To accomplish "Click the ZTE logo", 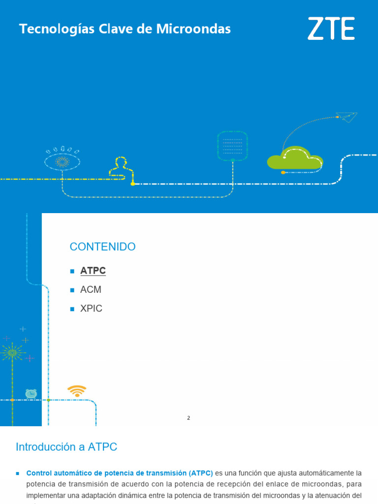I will pyautogui.click(x=331, y=29).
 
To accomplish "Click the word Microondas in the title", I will pyautogui.click(x=193, y=30).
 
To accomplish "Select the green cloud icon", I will pyautogui.click(x=295, y=158).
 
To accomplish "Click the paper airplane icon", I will pyautogui.click(x=349, y=117).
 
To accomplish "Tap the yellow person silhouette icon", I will pyautogui.click(x=121, y=166).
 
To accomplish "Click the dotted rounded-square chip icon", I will pyautogui.click(x=232, y=146).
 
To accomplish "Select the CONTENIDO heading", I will pyautogui.click(x=102, y=247).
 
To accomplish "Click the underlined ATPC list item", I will pyautogui.click(x=93, y=271).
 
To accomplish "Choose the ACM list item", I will pyautogui.click(x=91, y=290).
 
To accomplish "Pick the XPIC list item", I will pyautogui.click(x=92, y=309).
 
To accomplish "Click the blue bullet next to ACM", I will pyautogui.click(x=72, y=290).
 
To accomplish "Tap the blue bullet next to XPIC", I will pyautogui.click(x=72, y=309).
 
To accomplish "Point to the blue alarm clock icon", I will pyautogui.click(x=31, y=394).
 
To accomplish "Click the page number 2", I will pyautogui.click(x=189, y=418).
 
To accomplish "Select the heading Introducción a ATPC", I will pyautogui.click(x=66, y=447).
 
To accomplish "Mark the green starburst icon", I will pyautogui.click(x=12, y=352).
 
